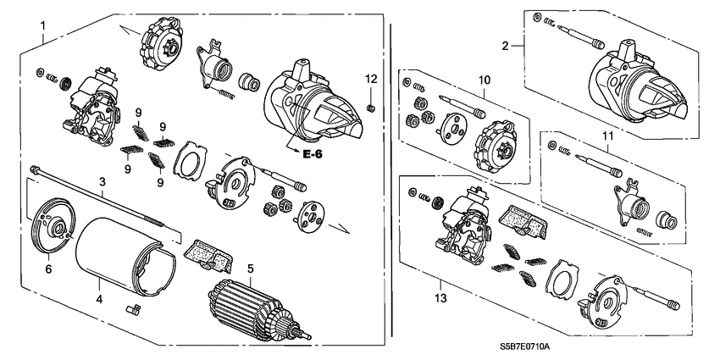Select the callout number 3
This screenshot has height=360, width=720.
102,182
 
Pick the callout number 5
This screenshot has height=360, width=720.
251,269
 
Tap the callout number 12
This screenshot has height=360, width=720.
369,79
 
